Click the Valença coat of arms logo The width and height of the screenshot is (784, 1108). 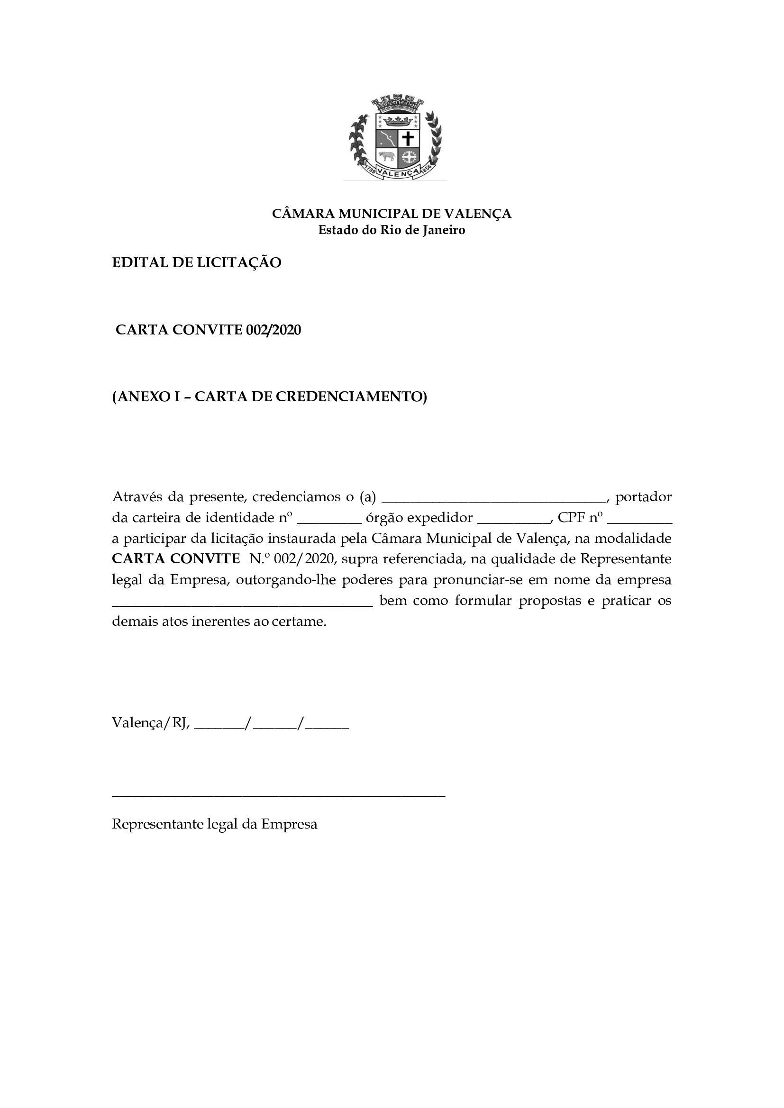click(x=395, y=138)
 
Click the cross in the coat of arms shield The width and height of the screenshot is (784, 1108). click(x=408, y=139)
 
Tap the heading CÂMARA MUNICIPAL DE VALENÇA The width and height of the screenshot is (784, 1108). click(x=392, y=213)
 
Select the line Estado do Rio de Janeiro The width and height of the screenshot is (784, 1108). click(x=392, y=230)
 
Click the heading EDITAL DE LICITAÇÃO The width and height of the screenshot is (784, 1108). click(x=197, y=263)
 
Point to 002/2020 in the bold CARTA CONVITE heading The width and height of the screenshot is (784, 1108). click(x=273, y=330)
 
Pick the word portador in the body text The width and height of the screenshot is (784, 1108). click(x=644, y=497)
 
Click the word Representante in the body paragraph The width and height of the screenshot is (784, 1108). click(x=626, y=559)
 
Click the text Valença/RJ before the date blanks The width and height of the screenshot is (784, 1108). click(x=151, y=723)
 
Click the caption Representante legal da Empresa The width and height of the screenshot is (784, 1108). click(x=214, y=824)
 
